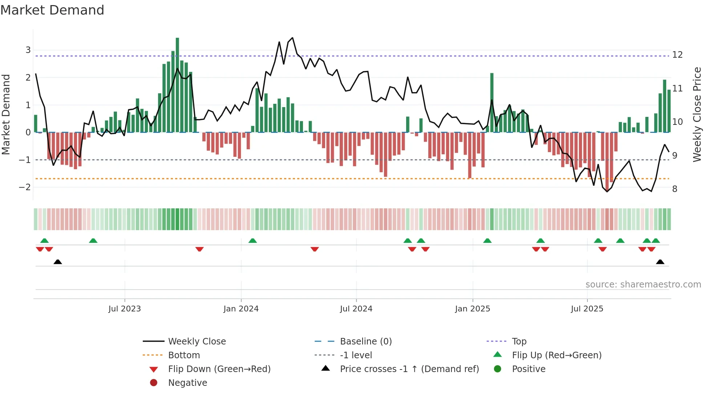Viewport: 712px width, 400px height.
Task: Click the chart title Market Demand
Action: click(52, 10)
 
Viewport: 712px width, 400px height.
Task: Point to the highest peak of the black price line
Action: click(292, 38)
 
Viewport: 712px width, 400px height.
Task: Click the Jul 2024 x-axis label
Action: click(356, 309)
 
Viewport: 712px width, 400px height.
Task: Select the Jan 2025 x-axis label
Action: click(472, 309)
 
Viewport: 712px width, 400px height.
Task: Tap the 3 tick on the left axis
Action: click(28, 50)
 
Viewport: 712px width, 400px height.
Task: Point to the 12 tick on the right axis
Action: click(677, 55)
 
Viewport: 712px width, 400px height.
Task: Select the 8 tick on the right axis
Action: click(675, 189)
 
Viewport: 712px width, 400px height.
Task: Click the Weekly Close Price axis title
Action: click(697, 114)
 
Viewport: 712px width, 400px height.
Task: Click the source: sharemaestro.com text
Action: click(643, 285)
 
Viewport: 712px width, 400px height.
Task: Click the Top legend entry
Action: click(519, 342)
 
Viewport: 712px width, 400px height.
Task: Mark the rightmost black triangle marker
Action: click(660, 262)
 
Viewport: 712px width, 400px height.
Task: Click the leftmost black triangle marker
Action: click(57, 262)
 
